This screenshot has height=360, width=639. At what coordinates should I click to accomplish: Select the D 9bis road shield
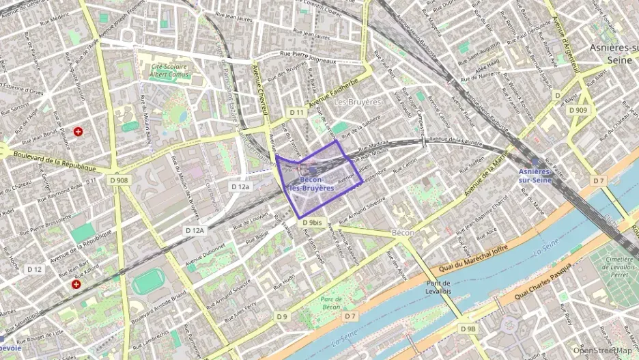[x=311, y=223]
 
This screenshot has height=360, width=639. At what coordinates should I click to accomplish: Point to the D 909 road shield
[x=577, y=110]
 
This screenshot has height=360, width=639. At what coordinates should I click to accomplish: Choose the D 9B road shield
[x=468, y=329]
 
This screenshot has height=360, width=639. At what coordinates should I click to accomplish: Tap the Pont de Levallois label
[x=438, y=288]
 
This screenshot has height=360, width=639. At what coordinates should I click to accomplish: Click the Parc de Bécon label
[x=330, y=303]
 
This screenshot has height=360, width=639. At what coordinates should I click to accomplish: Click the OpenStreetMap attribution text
[x=601, y=350]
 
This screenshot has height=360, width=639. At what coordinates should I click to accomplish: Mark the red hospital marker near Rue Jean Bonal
[x=79, y=131]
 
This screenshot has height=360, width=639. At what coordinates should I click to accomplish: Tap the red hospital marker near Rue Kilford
[x=76, y=283]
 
